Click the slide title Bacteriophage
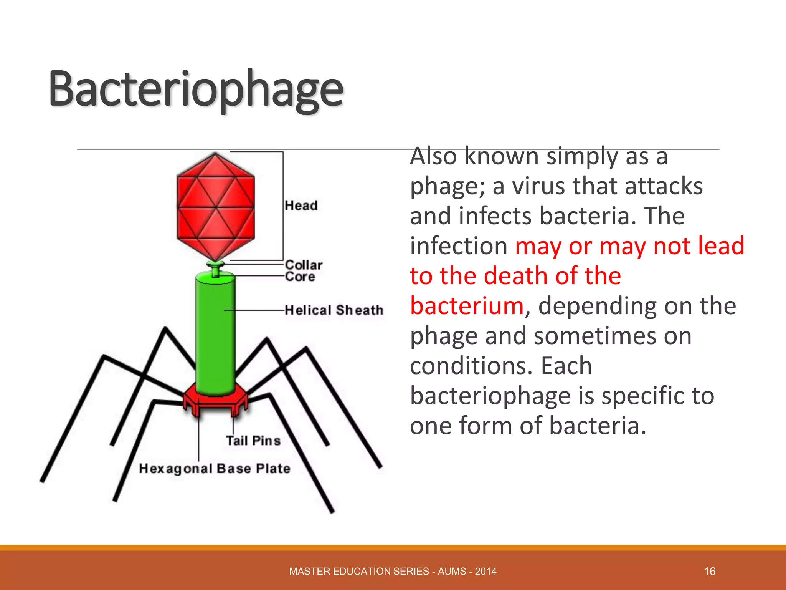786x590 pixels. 196,89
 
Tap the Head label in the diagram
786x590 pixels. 301,206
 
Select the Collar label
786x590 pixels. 304,265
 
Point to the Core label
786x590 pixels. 300,277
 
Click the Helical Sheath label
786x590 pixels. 334,310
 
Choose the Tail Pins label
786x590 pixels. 253,441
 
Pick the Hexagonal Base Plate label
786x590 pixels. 215,469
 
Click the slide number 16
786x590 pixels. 710,571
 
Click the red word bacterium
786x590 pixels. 467,306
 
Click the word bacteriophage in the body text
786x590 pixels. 491,396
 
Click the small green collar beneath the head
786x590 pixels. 215,265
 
